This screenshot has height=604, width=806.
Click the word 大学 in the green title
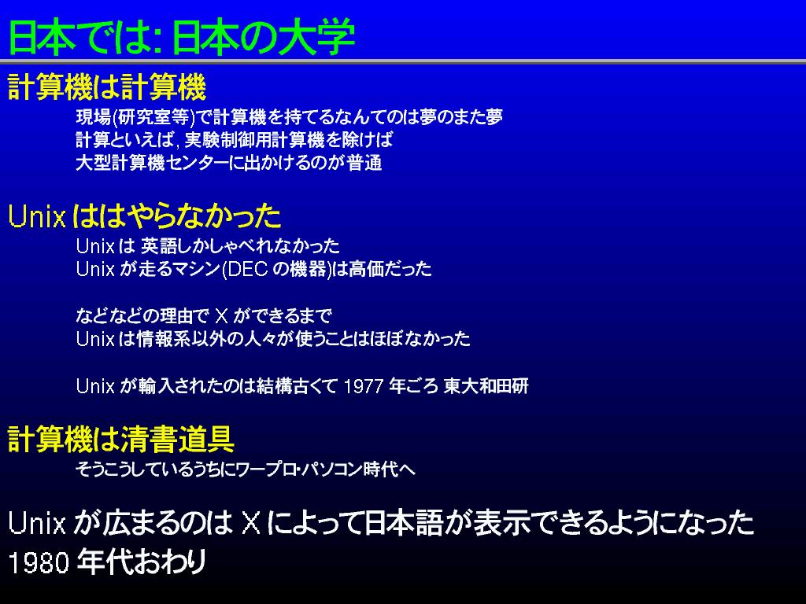tap(316, 37)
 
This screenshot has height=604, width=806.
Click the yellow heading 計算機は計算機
tap(107, 87)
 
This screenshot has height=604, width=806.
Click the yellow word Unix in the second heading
tap(37, 216)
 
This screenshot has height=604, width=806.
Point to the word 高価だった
tap(390, 269)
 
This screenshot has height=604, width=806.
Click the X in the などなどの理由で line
tap(221, 315)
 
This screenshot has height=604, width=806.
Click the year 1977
tap(363, 386)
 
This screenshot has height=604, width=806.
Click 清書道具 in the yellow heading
tap(177, 439)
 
